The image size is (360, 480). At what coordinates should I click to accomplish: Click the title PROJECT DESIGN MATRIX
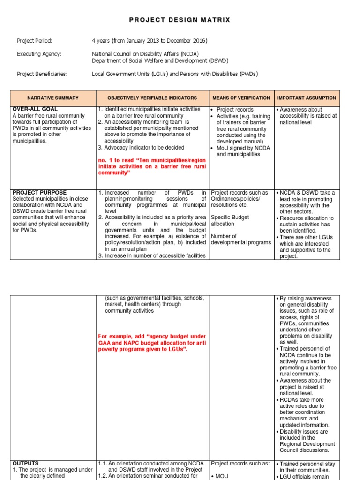[180, 20]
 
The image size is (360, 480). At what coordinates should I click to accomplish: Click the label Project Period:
[35, 41]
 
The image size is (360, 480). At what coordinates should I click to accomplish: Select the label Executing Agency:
[39, 54]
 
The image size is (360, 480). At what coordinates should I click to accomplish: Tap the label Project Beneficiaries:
[42, 74]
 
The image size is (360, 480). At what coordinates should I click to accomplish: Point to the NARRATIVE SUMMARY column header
[53, 98]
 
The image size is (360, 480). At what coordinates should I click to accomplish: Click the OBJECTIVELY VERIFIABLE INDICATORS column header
[152, 98]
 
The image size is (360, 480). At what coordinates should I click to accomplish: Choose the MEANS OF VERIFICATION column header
[241, 98]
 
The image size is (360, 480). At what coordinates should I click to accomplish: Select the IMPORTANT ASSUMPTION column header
[307, 98]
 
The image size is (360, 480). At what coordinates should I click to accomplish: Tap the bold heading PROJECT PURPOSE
[39, 193]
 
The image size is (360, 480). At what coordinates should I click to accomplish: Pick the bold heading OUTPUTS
[26, 463]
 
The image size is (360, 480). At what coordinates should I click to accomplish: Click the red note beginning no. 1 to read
[152, 166]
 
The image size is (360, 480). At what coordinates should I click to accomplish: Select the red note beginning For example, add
[152, 343]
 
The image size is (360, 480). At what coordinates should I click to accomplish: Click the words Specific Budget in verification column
[230, 217]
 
